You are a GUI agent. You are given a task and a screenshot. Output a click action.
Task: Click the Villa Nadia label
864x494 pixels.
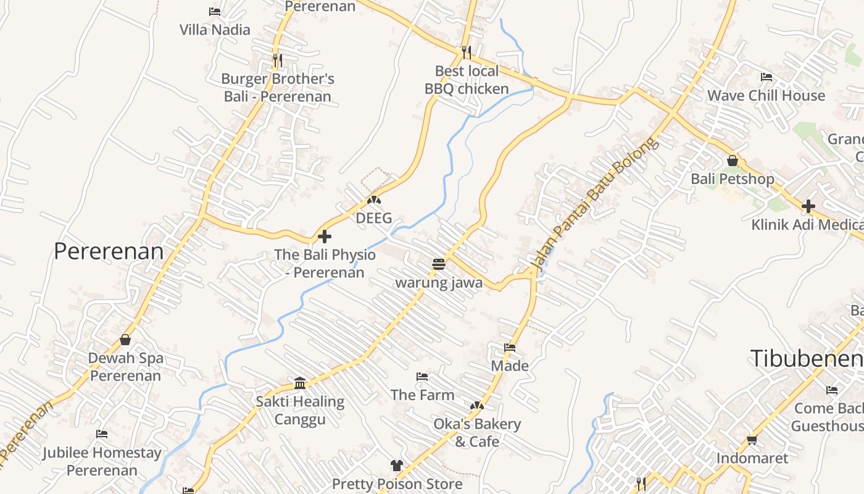(x=215, y=30)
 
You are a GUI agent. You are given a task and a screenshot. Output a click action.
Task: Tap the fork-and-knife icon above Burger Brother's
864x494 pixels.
(x=278, y=61)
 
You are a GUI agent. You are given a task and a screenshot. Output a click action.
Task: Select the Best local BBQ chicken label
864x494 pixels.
(x=467, y=80)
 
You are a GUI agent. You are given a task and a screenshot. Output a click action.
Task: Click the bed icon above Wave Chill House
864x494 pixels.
(x=766, y=77)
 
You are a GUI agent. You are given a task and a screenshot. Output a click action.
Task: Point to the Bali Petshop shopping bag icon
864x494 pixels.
(x=733, y=161)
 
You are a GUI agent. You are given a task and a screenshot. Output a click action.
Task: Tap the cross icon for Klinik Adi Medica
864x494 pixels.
(x=808, y=206)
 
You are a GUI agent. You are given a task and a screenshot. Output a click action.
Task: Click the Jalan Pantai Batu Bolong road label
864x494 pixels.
(x=594, y=206)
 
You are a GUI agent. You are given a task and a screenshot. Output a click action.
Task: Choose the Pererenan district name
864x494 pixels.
(x=109, y=251)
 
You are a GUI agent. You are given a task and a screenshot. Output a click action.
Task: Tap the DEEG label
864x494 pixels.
(x=374, y=218)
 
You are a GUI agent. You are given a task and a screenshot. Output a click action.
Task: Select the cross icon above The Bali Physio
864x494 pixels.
(x=325, y=237)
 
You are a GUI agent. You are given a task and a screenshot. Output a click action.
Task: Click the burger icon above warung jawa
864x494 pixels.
(x=439, y=265)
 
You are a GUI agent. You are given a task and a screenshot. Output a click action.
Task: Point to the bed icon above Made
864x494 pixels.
(x=510, y=348)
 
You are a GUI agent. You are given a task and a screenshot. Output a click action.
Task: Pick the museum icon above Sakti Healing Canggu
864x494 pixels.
(x=300, y=383)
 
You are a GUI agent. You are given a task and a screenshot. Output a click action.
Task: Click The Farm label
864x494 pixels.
(x=422, y=395)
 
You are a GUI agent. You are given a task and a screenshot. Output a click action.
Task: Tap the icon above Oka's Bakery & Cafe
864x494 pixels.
(x=476, y=406)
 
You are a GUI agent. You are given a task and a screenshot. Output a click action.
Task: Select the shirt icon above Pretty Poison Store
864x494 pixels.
(x=397, y=465)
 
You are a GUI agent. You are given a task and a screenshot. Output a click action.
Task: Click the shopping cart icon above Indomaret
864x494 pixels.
(x=752, y=440)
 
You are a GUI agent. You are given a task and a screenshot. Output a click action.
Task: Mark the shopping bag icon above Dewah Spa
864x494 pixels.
(x=125, y=340)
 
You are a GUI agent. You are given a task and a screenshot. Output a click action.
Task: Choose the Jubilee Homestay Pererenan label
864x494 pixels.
(x=102, y=461)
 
